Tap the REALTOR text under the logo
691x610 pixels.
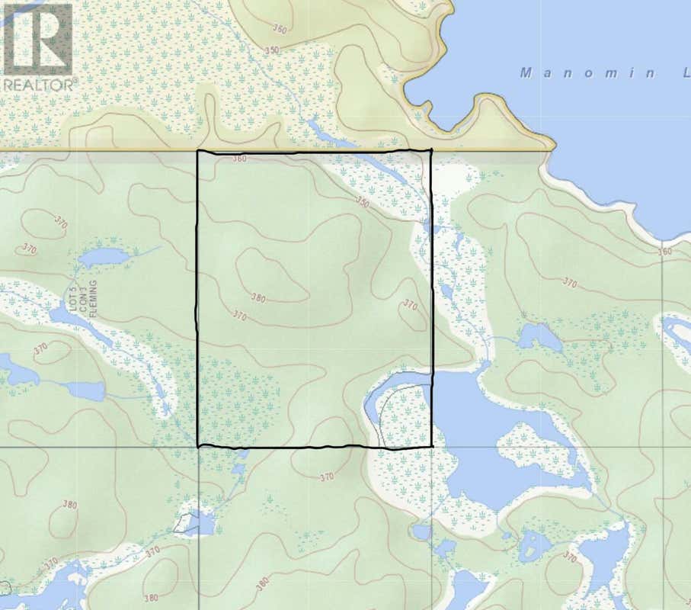37,85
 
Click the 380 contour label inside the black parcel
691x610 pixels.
258,298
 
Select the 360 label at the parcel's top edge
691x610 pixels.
240,159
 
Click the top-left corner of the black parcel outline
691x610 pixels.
198,152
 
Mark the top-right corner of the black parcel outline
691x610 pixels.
431,150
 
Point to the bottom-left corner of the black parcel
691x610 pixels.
198,446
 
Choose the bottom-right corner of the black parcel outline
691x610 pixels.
432,445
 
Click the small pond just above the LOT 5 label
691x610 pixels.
102,256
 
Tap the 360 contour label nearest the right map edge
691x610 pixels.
664,252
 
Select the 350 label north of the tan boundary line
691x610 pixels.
272,50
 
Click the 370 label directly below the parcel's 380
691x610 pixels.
239,315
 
